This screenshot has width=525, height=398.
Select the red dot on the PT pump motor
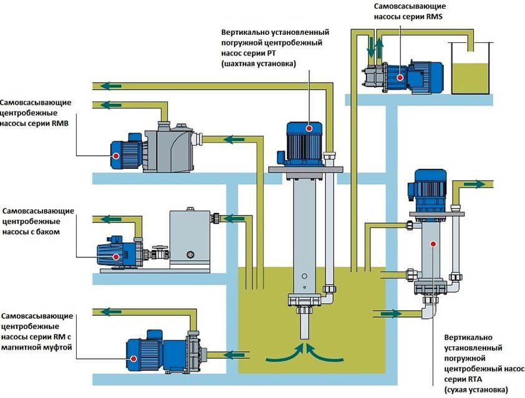(309, 127)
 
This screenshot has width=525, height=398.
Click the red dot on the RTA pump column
(433, 245)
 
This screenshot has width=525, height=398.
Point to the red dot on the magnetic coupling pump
(135, 358)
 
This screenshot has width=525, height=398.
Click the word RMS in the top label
(435, 17)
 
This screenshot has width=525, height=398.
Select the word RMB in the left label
(57, 123)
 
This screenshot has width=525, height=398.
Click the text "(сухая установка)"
(475, 389)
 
